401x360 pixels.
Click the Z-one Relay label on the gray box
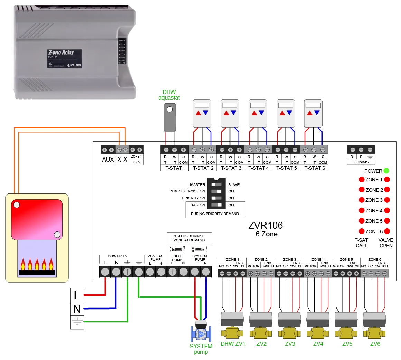coord(61,53)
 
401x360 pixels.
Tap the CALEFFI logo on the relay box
coord(74,65)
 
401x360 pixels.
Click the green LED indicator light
coord(386,170)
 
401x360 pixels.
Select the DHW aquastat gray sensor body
coord(169,117)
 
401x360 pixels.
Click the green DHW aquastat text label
coord(168,94)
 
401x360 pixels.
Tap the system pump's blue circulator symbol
coord(200,334)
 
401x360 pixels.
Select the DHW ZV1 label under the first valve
coord(232,344)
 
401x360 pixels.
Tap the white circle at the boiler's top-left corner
coord(16,205)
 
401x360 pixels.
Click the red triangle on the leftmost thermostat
coord(198,113)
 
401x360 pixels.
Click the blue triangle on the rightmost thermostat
coord(317,113)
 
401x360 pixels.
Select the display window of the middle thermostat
coord(258,105)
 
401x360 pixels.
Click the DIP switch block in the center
coord(216,193)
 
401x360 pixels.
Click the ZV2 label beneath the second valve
coord(261,344)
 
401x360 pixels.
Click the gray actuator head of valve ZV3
coord(289,320)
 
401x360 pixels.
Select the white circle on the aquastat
coord(169,110)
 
